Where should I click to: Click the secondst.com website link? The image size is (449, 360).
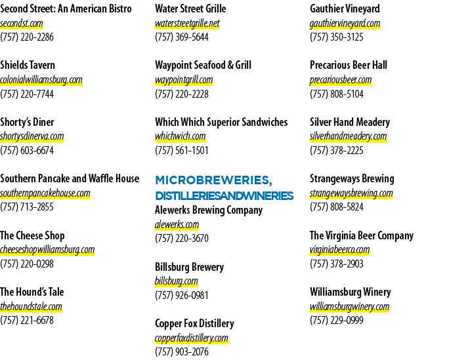[22, 23]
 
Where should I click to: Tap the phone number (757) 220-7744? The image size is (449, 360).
[27, 94]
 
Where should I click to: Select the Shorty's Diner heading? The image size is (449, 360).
[27, 122]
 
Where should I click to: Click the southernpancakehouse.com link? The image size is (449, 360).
[45, 193]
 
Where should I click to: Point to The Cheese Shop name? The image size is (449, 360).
[32, 235]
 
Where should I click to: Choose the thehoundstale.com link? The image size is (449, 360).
[31, 306]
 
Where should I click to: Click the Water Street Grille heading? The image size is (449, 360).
[190, 9]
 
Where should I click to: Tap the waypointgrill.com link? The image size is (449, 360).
[184, 80]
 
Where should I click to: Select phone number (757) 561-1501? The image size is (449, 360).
[182, 150]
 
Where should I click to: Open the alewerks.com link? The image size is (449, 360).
[177, 224]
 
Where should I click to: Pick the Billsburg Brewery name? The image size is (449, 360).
[189, 267]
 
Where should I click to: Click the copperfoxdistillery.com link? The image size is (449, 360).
[192, 338]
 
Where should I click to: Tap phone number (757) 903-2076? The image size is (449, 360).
[182, 351]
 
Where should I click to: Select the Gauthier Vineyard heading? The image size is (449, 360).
[345, 9]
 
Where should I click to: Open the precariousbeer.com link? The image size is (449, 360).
[341, 80]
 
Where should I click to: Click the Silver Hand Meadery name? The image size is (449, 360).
[350, 122]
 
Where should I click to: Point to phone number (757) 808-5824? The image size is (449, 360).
[337, 207]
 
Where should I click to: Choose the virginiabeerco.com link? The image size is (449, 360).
[339, 250]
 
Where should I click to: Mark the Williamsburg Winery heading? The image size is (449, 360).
[351, 292]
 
